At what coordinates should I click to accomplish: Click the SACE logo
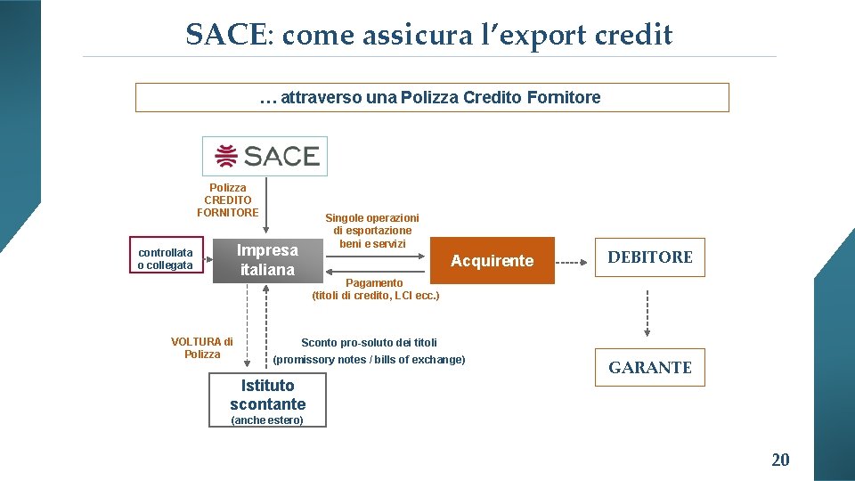point(265,156)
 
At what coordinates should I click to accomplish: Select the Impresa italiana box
point(267,260)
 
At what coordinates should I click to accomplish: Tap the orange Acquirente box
point(492,260)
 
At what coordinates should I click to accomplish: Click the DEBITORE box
point(649,257)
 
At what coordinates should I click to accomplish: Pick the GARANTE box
point(649,367)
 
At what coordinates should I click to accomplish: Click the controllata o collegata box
point(166,259)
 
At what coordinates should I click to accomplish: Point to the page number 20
point(779,460)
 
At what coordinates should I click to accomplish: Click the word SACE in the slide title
point(225,35)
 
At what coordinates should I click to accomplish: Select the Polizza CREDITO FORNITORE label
point(228,200)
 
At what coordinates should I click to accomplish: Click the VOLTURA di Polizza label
point(202,347)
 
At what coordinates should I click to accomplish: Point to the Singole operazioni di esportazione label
point(371,230)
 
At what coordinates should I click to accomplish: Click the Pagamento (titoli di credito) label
point(375,289)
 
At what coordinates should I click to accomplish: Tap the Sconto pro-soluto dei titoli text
point(369,342)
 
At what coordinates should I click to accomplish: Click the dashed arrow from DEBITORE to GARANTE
point(648,312)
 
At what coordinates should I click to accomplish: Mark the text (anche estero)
point(267,420)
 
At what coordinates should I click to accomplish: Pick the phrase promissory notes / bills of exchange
point(369,360)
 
